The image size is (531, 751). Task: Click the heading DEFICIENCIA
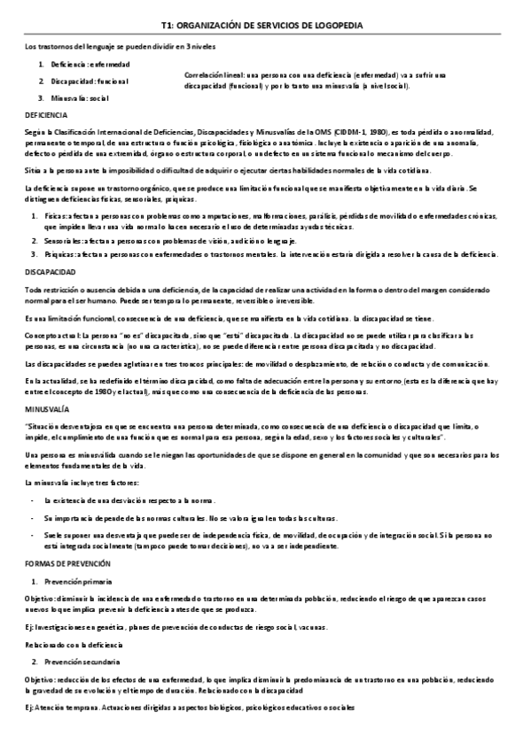[44, 115]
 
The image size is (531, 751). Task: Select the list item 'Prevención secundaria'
[82, 662]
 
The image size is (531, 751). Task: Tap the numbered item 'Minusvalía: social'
[80, 97]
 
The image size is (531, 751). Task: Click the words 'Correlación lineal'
[211, 74]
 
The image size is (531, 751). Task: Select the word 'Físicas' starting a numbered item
[55, 215]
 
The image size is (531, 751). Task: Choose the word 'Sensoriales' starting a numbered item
[60, 241]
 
